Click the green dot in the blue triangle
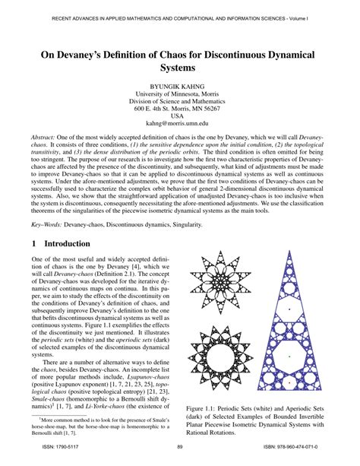click(301, 355)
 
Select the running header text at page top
click(180, 14)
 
